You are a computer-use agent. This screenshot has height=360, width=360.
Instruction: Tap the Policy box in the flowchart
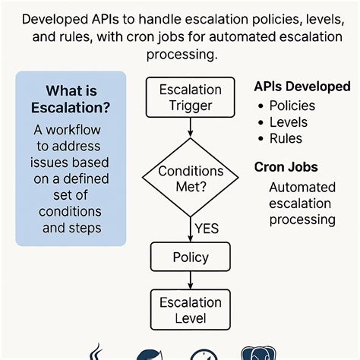[x=190, y=257]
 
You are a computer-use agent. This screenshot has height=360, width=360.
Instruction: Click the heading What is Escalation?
[x=71, y=99]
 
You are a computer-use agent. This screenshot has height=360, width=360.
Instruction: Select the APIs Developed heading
[x=297, y=87]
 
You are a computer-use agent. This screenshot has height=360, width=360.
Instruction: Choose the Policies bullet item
[x=294, y=106]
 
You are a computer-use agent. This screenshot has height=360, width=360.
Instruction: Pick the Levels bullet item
[x=289, y=122]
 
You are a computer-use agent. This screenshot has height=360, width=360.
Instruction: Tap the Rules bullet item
[x=287, y=138]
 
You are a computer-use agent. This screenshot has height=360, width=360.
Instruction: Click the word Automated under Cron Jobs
[x=302, y=187]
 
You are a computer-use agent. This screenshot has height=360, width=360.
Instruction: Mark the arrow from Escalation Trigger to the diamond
[x=190, y=128]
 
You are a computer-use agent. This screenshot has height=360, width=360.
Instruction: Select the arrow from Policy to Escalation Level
[x=190, y=279]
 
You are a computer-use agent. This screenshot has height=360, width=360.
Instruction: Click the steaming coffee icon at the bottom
[x=97, y=352]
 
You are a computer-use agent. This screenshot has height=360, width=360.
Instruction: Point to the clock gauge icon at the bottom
[x=204, y=354]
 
